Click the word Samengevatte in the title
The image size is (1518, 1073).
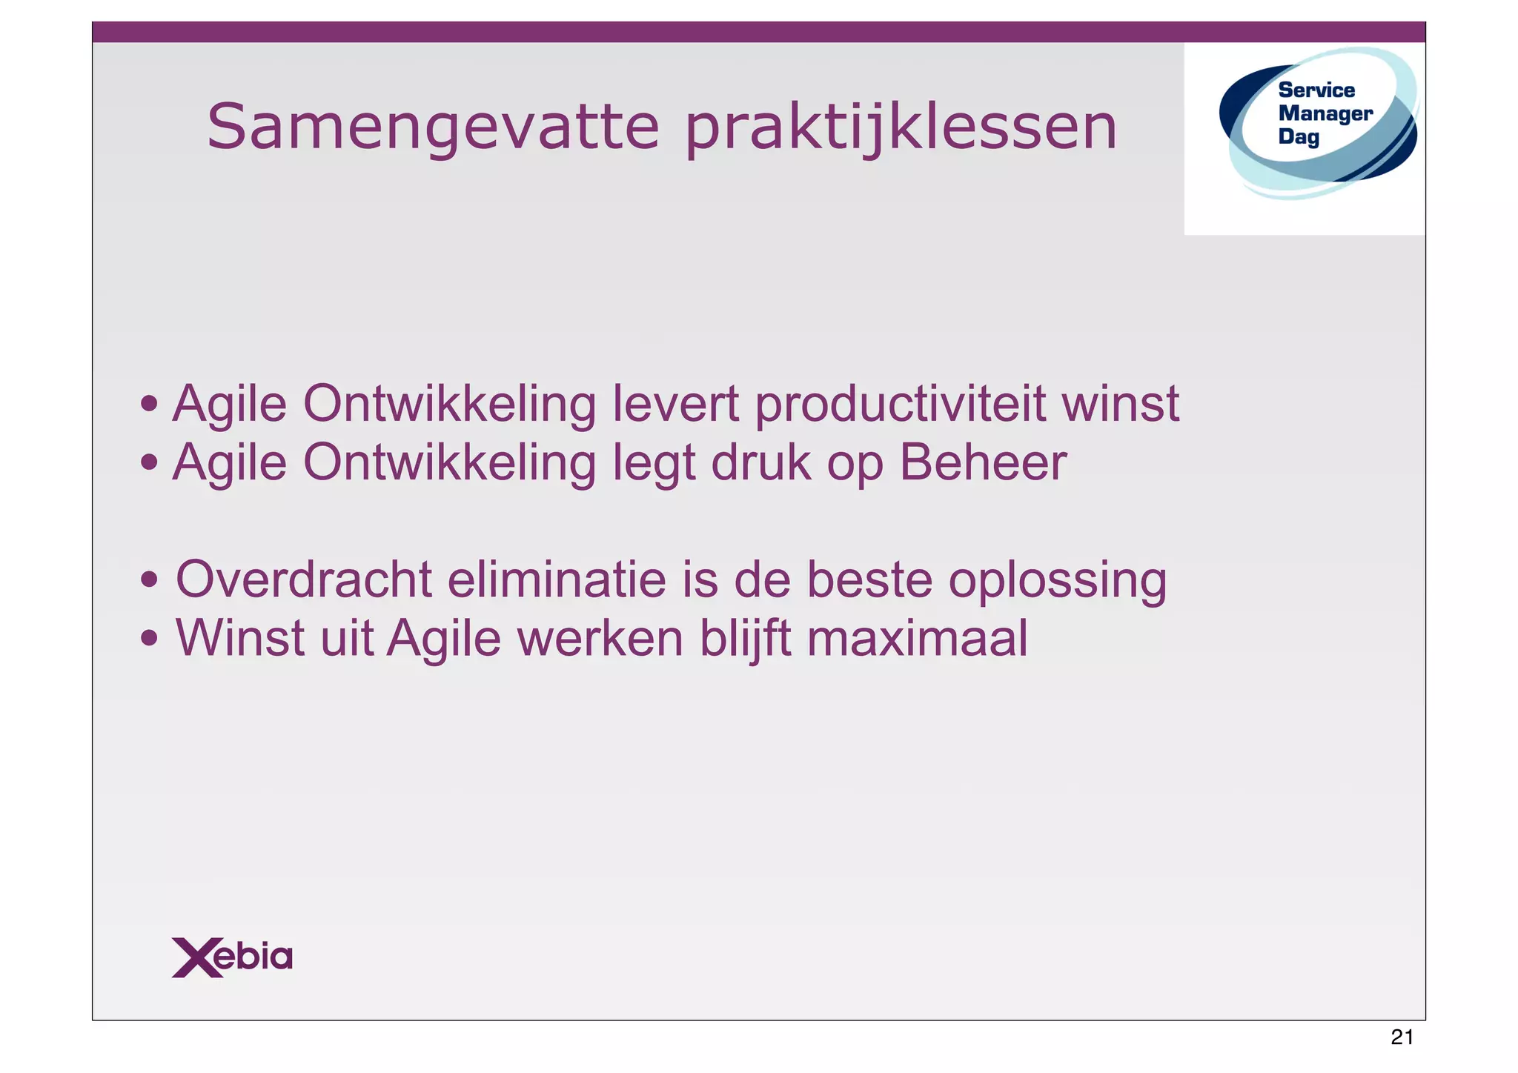point(432,127)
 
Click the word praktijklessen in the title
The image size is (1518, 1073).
point(900,127)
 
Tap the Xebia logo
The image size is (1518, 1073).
point(232,957)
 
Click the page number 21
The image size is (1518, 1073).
point(1402,1037)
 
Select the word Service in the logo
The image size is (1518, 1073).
point(1316,90)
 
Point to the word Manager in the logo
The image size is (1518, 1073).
point(1325,113)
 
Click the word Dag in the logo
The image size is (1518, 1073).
point(1299,137)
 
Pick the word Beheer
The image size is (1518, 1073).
point(983,463)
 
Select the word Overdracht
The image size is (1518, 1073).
point(303,579)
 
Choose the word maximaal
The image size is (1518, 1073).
point(917,638)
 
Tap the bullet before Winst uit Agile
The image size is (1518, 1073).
point(150,638)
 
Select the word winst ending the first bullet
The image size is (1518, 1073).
point(1120,405)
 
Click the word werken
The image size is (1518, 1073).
point(600,638)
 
